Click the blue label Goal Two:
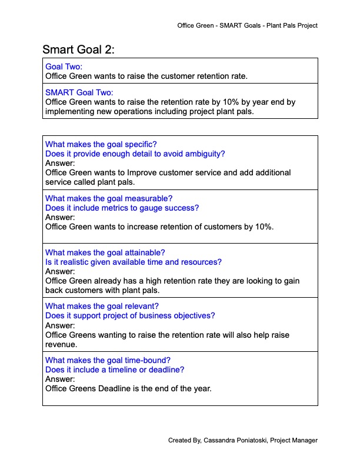tap(64, 66)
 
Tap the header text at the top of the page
tap(247, 26)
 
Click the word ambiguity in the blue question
tap(205, 154)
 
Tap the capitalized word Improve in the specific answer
tap(142, 172)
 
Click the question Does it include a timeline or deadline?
tap(115, 370)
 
